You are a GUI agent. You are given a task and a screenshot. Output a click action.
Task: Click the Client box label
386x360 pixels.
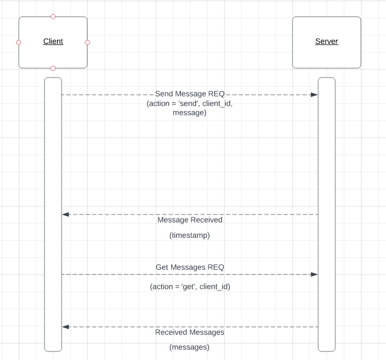(x=53, y=42)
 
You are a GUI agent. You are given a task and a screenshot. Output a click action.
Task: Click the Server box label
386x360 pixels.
(x=327, y=42)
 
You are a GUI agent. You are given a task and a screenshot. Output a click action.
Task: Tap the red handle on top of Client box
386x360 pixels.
(x=53, y=17)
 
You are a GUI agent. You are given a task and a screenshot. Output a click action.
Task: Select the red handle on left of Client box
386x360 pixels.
(x=19, y=42)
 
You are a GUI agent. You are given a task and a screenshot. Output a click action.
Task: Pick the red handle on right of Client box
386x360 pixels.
(x=87, y=42)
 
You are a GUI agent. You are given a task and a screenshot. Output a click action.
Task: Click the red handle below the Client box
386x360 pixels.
(x=53, y=68)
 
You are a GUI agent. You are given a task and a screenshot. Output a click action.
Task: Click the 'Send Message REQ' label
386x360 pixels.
(x=190, y=94)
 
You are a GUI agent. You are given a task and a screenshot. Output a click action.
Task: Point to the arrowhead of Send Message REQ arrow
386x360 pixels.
(x=314, y=95)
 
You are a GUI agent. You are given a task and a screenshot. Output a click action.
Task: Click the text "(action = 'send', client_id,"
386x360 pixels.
(x=190, y=104)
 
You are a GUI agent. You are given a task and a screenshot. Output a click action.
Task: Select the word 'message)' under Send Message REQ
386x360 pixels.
(x=190, y=113)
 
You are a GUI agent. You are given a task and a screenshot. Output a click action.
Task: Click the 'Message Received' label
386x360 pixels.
(x=190, y=220)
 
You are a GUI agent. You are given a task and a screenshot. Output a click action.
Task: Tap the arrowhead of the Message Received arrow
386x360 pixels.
(x=66, y=215)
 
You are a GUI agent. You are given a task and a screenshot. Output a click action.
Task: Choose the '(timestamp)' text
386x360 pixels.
(x=190, y=235)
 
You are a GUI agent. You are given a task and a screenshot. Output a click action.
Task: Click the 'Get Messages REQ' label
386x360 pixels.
(x=190, y=267)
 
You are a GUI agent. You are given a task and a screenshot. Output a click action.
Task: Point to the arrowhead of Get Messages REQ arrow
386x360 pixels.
(x=314, y=274)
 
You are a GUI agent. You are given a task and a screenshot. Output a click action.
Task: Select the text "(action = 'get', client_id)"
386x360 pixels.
(x=190, y=286)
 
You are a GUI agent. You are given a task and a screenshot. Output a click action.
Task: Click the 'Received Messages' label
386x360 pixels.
(x=190, y=332)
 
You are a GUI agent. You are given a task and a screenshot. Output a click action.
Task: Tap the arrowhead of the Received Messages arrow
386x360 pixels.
(x=66, y=327)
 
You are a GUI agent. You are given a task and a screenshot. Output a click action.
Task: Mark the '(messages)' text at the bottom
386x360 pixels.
(x=190, y=347)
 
